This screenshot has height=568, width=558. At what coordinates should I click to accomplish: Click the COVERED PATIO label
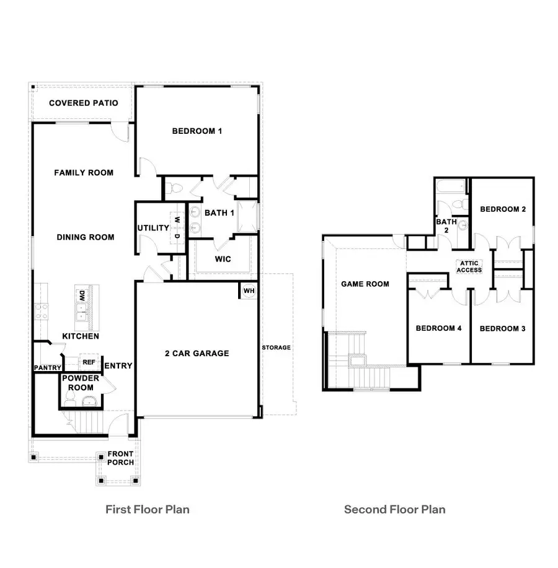pyautogui.click(x=83, y=103)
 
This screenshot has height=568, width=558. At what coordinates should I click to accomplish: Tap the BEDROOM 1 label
pyautogui.click(x=197, y=131)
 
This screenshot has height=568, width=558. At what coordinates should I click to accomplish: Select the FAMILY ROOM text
pyautogui.click(x=84, y=173)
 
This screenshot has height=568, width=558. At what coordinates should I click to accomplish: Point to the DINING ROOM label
pyautogui.click(x=86, y=237)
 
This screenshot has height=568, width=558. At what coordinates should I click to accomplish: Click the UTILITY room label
pyautogui.click(x=153, y=228)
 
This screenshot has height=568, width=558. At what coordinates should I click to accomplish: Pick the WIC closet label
pyautogui.click(x=223, y=259)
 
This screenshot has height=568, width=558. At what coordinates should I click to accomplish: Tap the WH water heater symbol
pyautogui.click(x=249, y=291)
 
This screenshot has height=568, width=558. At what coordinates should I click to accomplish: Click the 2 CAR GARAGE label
pyautogui.click(x=197, y=354)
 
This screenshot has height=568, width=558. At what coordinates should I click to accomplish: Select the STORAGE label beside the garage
pyautogui.click(x=276, y=347)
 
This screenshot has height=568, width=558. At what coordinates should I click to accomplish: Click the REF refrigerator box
pyautogui.click(x=89, y=362)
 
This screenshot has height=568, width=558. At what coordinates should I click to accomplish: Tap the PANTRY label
pyautogui.click(x=47, y=368)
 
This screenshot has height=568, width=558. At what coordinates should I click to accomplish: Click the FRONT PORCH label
pyautogui.click(x=120, y=458)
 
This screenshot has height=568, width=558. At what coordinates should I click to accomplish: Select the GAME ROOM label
pyautogui.click(x=365, y=284)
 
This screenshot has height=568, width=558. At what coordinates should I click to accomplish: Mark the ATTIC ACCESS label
pyautogui.click(x=469, y=266)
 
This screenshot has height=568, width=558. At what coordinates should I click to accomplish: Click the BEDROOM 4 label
pyautogui.click(x=438, y=328)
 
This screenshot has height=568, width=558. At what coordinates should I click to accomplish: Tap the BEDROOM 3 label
pyautogui.click(x=502, y=328)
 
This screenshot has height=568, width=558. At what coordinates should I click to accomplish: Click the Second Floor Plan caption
pyautogui.click(x=395, y=510)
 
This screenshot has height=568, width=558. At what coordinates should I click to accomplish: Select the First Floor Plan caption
pyautogui.click(x=148, y=510)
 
